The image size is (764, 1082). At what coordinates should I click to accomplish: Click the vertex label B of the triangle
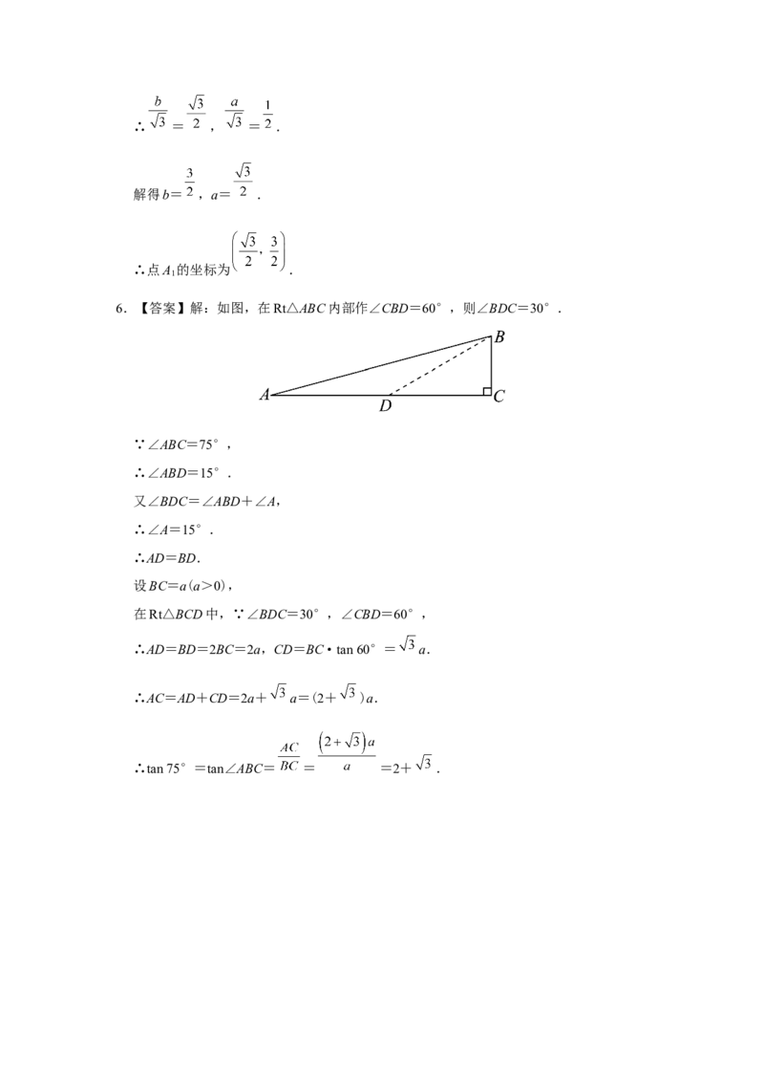500,335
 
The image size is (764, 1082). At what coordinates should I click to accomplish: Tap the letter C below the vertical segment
499,398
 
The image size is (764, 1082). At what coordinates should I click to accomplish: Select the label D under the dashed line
387,405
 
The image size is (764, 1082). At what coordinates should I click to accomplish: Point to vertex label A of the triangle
264,398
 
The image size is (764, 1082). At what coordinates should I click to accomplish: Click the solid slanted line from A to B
372,367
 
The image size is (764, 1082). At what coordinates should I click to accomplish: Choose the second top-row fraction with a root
197,111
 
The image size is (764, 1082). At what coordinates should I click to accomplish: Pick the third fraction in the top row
237,113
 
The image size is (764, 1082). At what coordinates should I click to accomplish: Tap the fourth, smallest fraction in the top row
268,120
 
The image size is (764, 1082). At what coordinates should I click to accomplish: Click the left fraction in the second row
190,182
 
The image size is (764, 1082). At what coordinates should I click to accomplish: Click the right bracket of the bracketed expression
282,252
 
